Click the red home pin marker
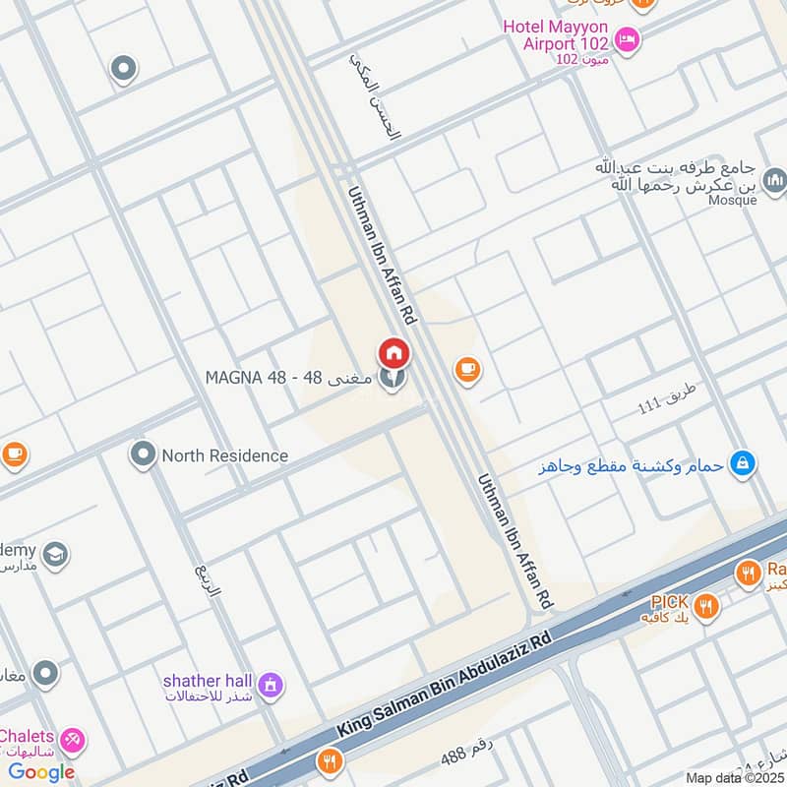[393, 352]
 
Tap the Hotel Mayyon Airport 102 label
[555, 34]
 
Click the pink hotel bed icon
[626, 40]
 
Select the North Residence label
[225, 455]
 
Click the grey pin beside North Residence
[143, 454]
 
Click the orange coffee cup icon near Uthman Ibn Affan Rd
[466, 369]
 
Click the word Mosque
[733, 200]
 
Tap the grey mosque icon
[775, 179]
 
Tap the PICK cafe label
[669, 601]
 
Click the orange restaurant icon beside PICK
[704, 607]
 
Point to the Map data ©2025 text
[733, 777]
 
